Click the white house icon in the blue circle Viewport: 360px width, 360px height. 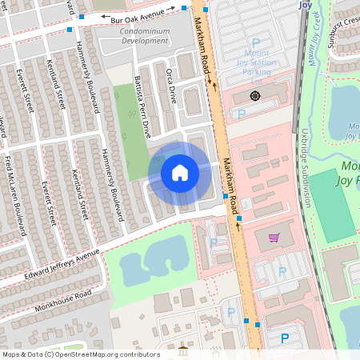[x=180, y=172]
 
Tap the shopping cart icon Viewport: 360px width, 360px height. [x=274, y=238]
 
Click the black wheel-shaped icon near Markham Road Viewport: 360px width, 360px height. [x=254, y=96]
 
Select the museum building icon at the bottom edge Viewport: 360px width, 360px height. [x=184, y=351]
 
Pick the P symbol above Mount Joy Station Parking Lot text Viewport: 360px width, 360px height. [x=256, y=42]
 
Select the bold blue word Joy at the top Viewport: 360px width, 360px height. [x=304, y=5]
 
